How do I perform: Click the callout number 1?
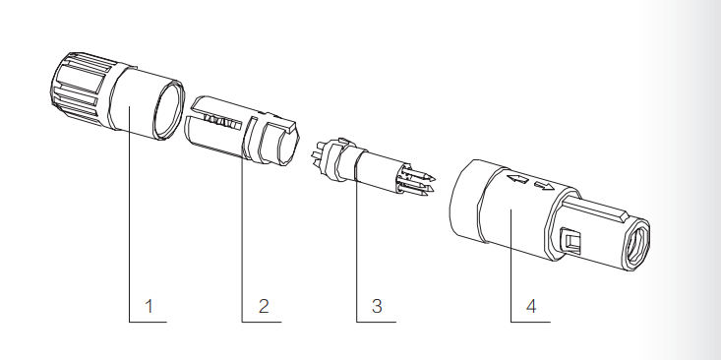tap(149, 306)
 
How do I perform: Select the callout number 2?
tap(264, 306)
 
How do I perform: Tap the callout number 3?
tap(377, 306)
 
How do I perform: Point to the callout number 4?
tap(531, 306)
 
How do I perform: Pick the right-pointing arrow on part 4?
tap(545, 185)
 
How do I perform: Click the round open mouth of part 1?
tap(169, 109)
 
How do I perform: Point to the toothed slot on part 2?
tap(221, 122)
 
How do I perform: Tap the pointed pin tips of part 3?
tap(418, 183)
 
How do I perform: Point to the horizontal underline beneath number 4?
tap(530, 322)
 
